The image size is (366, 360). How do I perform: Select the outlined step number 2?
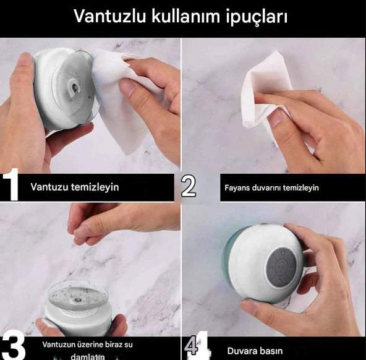point(189,186)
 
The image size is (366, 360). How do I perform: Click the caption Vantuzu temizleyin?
point(75,186)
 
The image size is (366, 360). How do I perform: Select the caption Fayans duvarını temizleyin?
point(271,187)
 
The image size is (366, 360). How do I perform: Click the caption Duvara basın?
point(255,351)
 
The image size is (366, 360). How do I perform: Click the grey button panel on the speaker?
point(283,268)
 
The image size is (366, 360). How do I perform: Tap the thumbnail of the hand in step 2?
point(276,117)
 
